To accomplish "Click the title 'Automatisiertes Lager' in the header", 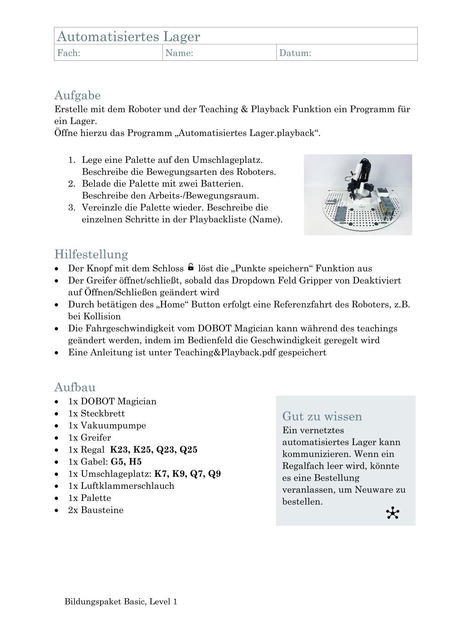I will [128, 37].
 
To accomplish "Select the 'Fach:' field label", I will [68, 53].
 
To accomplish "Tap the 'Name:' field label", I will [179, 53].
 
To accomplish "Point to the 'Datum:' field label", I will [295, 53].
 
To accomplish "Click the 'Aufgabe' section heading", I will [78, 95].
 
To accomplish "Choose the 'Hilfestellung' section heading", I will [91, 254].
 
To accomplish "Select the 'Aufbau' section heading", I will [75, 387].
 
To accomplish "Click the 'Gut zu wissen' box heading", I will [322, 416].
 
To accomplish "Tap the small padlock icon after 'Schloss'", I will [191, 267].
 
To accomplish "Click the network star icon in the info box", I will [392, 513].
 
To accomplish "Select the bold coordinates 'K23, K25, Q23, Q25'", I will [154, 450].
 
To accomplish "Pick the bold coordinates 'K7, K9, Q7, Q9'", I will [188, 474].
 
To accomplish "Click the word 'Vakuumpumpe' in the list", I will [113, 426].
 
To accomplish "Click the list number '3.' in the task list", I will [72, 208].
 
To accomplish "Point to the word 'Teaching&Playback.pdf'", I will [225, 352].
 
